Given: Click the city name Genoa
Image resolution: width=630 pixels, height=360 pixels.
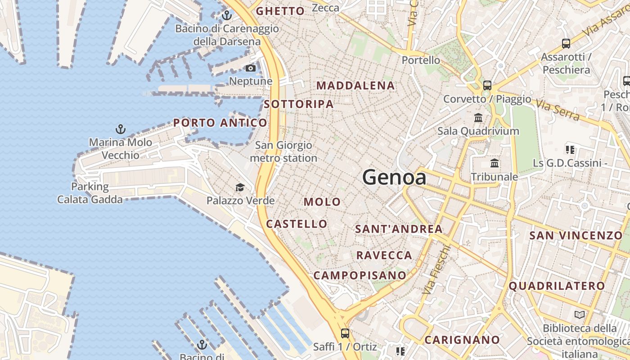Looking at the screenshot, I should pyautogui.click(x=394, y=177).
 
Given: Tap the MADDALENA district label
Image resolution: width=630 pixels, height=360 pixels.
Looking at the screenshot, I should pyautogui.click(x=355, y=85).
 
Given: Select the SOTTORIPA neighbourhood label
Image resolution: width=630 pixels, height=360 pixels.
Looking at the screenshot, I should pyautogui.click(x=299, y=104).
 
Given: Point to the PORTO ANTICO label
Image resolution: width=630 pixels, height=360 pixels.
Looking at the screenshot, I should pyautogui.click(x=220, y=123).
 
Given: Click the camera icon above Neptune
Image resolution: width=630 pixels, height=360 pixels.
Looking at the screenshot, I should pyautogui.click(x=251, y=68).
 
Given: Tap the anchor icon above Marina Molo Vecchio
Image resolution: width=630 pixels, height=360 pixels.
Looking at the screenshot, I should pyautogui.click(x=120, y=130).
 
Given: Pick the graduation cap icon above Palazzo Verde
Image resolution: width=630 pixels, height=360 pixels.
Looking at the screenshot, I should pyautogui.click(x=240, y=187).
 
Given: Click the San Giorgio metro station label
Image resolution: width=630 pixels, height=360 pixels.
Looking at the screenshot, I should pyautogui.click(x=283, y=152).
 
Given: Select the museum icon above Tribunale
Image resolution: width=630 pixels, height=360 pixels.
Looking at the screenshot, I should pyautogui.click(x=495, y=163).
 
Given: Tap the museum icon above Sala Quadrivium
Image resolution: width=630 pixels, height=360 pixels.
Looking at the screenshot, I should pyautogui.click(x=478, y=118).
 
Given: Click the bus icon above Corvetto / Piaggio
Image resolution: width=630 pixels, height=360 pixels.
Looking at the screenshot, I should pyautogui.click(x=487, y=85).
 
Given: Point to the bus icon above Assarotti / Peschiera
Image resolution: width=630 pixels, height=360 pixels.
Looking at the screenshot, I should pyautogui.click(x=566, y=44).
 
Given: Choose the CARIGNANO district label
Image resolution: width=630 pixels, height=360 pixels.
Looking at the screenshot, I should pyautogui.click(x=462, y=340).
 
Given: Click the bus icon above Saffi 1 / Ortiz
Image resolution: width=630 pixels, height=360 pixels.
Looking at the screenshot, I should pyautogui.click(x=345, y=333).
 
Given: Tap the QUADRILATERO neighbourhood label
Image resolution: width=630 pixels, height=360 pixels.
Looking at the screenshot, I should pyautogui.click(x=557, y=286).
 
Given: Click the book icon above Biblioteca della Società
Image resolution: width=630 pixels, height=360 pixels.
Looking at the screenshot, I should pyautogui.click(x=580, y=315).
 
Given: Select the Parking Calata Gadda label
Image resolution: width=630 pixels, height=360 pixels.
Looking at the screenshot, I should pyautogui.click(x=90, y=193).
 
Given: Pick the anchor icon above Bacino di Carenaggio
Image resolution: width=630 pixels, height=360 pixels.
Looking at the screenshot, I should pyautogui.click(x=227, y=16).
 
